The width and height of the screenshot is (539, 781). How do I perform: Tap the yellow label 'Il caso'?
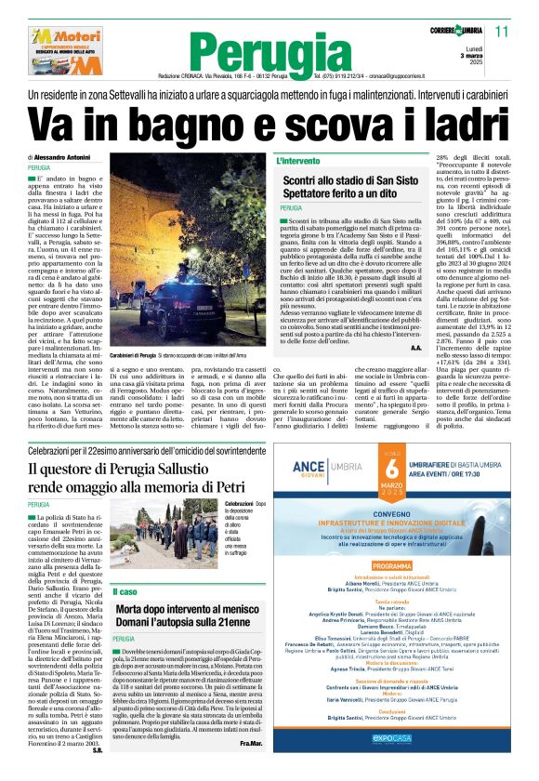click(x=125, y=592)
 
